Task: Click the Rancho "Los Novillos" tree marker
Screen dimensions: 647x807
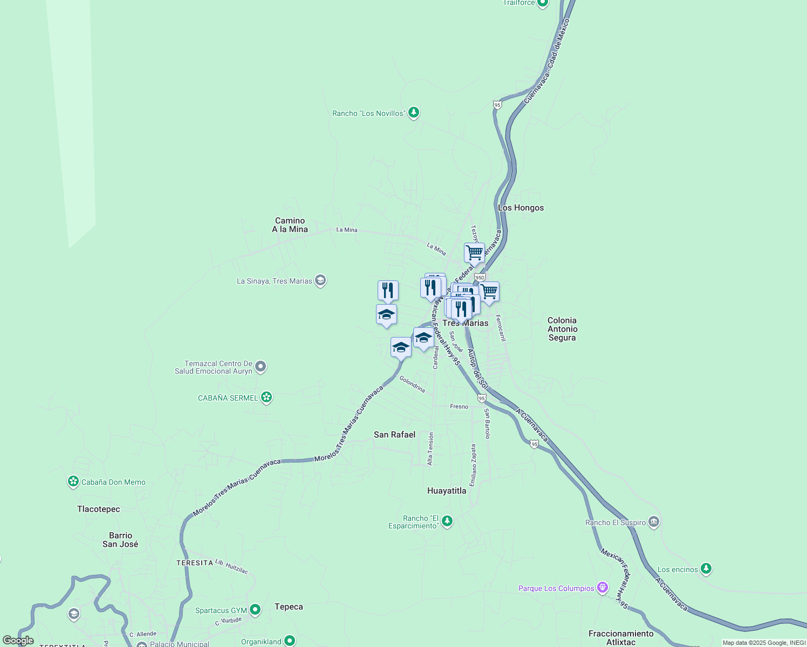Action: pos(413,113)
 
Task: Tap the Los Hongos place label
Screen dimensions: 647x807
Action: pos(521,208)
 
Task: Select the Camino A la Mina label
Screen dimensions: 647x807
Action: pos(290,225)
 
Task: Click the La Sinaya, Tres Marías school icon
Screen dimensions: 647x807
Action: pos(320,280)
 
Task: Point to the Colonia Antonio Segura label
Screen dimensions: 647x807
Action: pos(562,329)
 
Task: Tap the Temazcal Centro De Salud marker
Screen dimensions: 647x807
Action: pos(261,367)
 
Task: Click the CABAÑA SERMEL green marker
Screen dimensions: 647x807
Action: pos(266,398)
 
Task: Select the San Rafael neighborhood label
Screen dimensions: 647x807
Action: pos(394,435)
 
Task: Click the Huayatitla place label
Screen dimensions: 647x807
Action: pos(447,491)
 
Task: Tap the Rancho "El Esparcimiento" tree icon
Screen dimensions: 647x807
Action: pos(447,521)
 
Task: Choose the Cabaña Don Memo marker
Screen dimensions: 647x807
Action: pos(73,481)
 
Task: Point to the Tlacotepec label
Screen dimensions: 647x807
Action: pos(99,509)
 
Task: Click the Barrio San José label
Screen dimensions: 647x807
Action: pos(120,540)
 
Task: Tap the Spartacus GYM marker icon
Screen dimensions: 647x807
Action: pos(255,610)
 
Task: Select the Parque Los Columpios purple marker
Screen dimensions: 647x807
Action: pos(603,588)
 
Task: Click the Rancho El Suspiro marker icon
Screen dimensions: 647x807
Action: pos(654,522)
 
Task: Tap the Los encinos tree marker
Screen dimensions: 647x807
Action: pos(706,569)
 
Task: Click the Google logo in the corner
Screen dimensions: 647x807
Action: pos(18,641)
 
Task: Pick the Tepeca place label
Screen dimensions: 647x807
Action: pos(289,607)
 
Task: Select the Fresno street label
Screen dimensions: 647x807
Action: pos(459,407)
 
